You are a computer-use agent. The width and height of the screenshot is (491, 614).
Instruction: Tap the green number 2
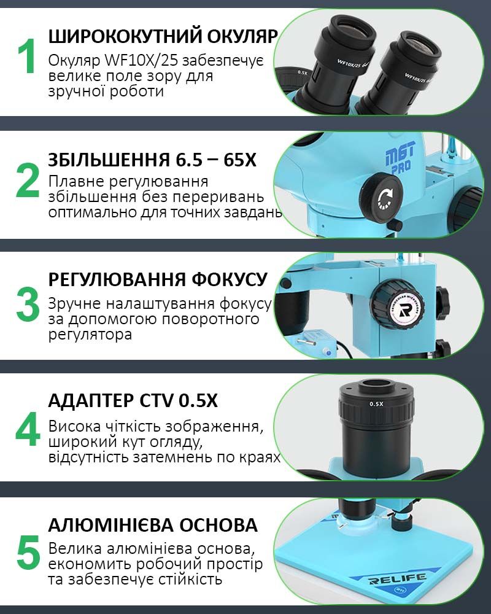[x=27, y=180]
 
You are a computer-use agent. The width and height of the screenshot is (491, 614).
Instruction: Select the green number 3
[x=28, y=304]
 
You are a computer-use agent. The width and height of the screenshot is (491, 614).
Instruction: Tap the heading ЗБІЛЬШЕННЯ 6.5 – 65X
[x=152, y=160]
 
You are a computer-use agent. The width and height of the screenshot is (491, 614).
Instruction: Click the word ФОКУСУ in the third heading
[x=230, y=279]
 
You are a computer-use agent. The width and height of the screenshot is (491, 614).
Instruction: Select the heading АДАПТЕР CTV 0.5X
[x=133, y=400]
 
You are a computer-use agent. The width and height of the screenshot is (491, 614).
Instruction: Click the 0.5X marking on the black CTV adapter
[x=376, y=404]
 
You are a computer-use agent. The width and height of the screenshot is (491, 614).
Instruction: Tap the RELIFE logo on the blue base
[x=397, y=579]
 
